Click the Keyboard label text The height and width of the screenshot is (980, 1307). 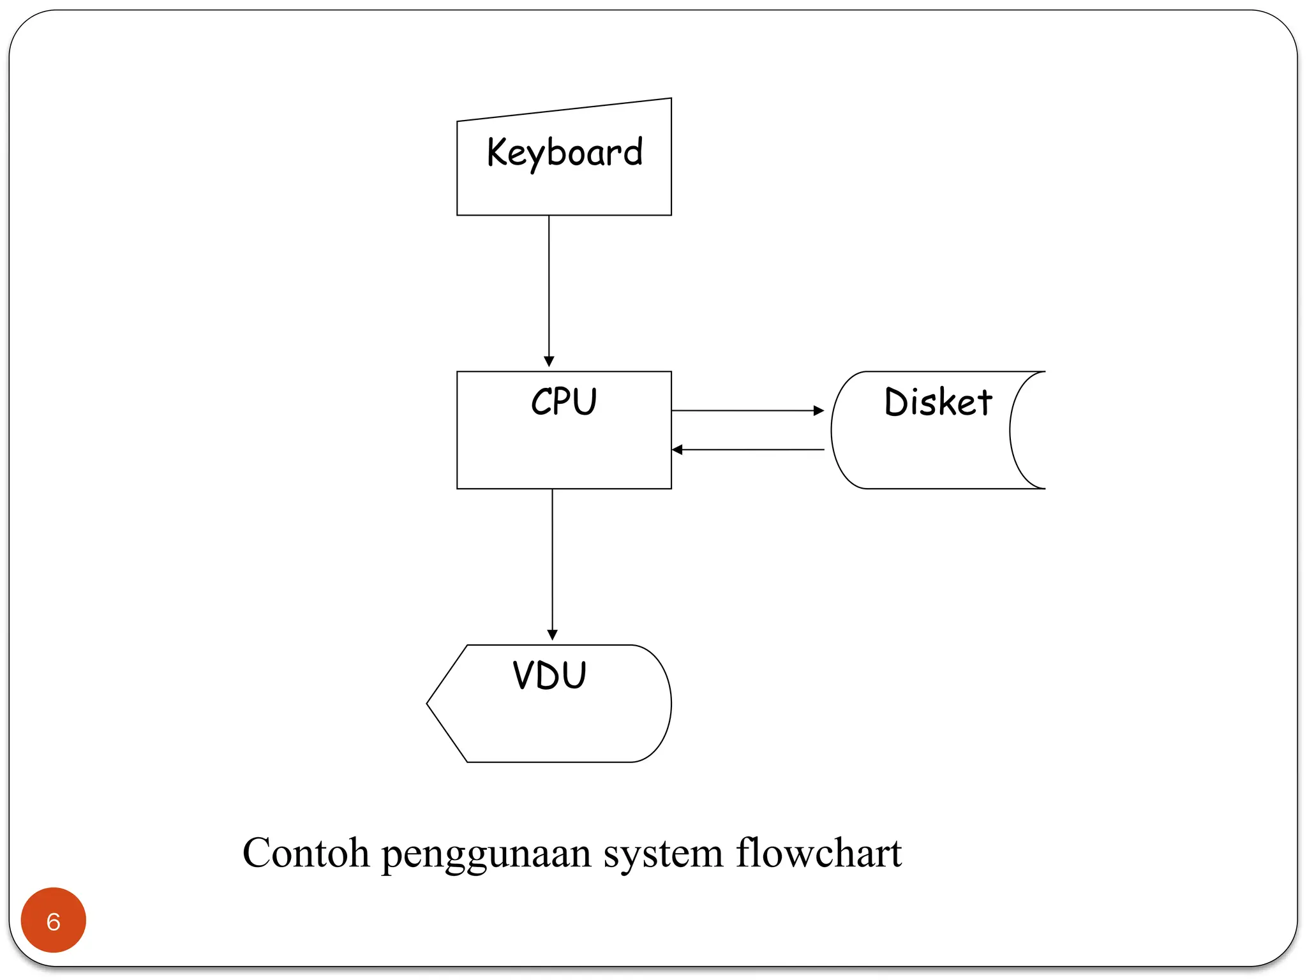coord(565,153)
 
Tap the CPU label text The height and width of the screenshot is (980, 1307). coord(564,402)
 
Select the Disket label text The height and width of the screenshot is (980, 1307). coord(938,402)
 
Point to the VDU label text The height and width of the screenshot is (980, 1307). coord(549,675)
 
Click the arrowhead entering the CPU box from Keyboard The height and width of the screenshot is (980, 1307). coord(549,362)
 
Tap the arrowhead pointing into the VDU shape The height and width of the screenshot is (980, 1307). coord(553,635)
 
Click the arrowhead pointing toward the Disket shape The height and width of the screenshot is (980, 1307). coord(819,411)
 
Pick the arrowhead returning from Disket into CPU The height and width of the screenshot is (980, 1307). coord(677,450)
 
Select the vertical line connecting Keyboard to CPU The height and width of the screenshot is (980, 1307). coord(549,291)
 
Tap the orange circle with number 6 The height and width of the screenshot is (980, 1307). coord(54,920)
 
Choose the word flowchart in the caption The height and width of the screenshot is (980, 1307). coord(819,852)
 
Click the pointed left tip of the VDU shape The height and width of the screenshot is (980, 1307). coord(427,704)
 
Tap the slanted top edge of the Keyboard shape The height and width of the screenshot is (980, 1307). coord(564,109)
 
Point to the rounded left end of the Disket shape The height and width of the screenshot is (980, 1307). coord(832,430)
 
